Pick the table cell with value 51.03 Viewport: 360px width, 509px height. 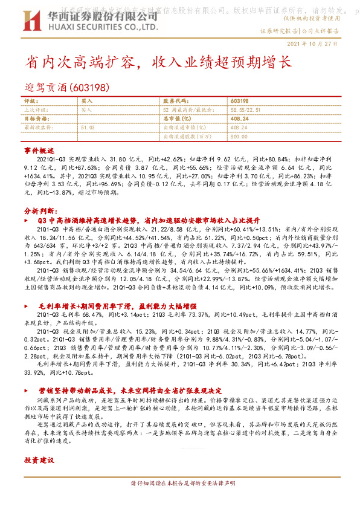click(88, 128)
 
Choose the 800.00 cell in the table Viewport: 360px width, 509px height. click(239, 137)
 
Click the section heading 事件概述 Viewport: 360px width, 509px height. click(39, 149)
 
